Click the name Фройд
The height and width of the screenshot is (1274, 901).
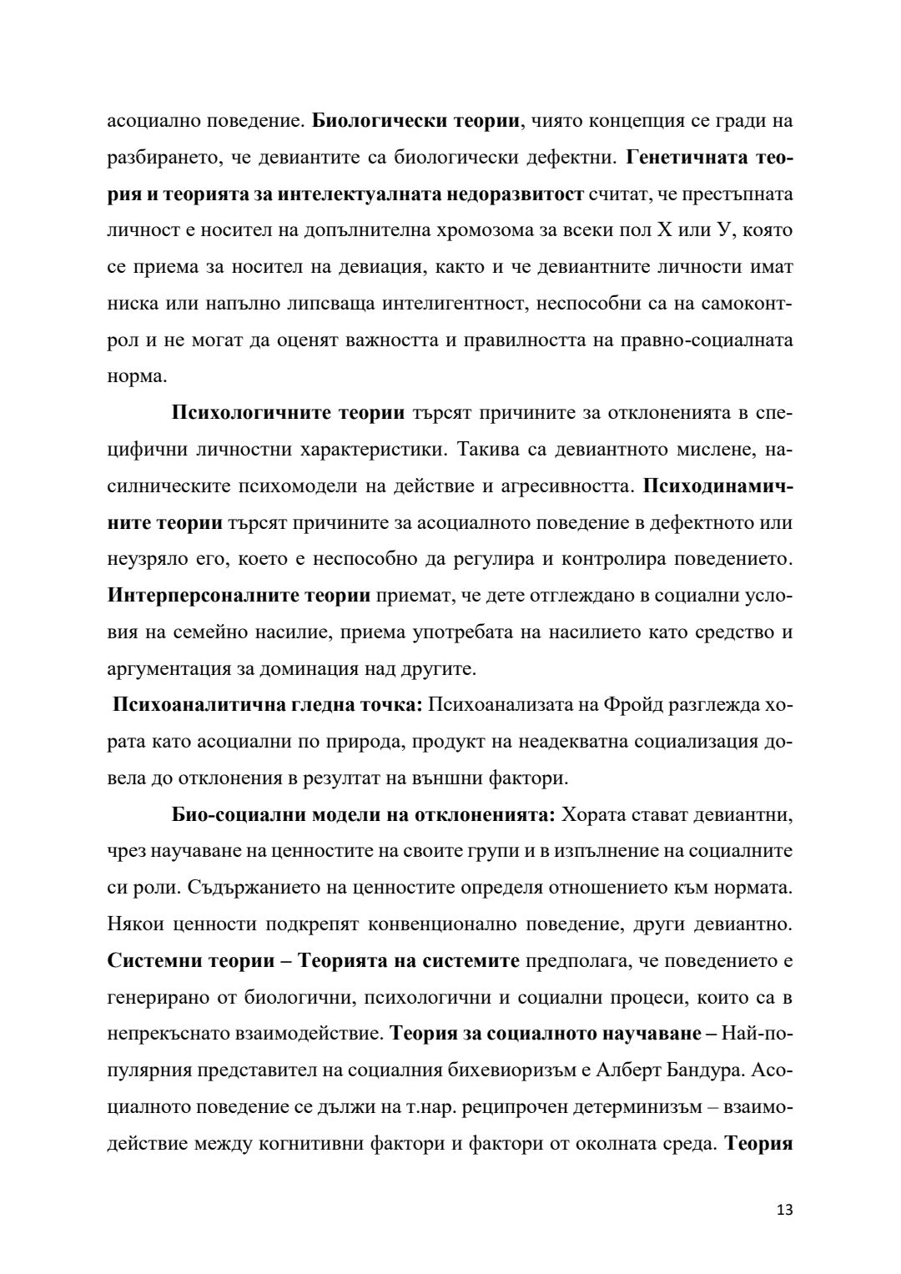tap(612, 705)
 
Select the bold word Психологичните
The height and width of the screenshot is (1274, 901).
tap(242, 412)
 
